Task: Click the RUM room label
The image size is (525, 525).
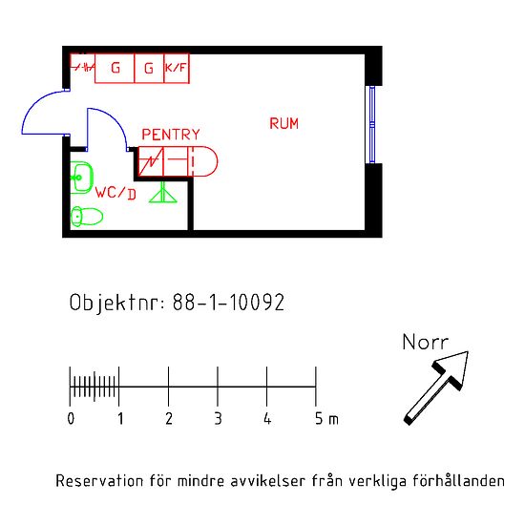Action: click(x=283, y=123)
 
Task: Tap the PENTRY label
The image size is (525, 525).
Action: click(x=171, y=135)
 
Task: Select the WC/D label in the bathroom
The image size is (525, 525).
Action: click(x=115, y=193)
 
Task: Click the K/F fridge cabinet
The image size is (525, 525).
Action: click(x=177, y=69)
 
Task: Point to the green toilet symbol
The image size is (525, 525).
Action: click(x=86, y=217)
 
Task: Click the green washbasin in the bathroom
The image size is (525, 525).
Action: click(x=81, y=178)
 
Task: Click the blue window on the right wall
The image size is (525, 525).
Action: click(x=372, y=124)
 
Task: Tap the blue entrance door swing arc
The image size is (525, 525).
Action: click(x=32, y=105)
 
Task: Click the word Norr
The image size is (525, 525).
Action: click(x=425, y=342)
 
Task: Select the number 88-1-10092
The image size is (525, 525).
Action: click(x=228, y=303)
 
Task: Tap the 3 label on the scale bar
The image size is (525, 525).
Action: click(x=218, y=418)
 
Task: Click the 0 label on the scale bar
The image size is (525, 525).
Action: click(x=71, y=418)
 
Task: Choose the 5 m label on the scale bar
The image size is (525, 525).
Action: click(x=326, y=418)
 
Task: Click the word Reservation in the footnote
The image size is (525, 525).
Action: click(x=99, y=481)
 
